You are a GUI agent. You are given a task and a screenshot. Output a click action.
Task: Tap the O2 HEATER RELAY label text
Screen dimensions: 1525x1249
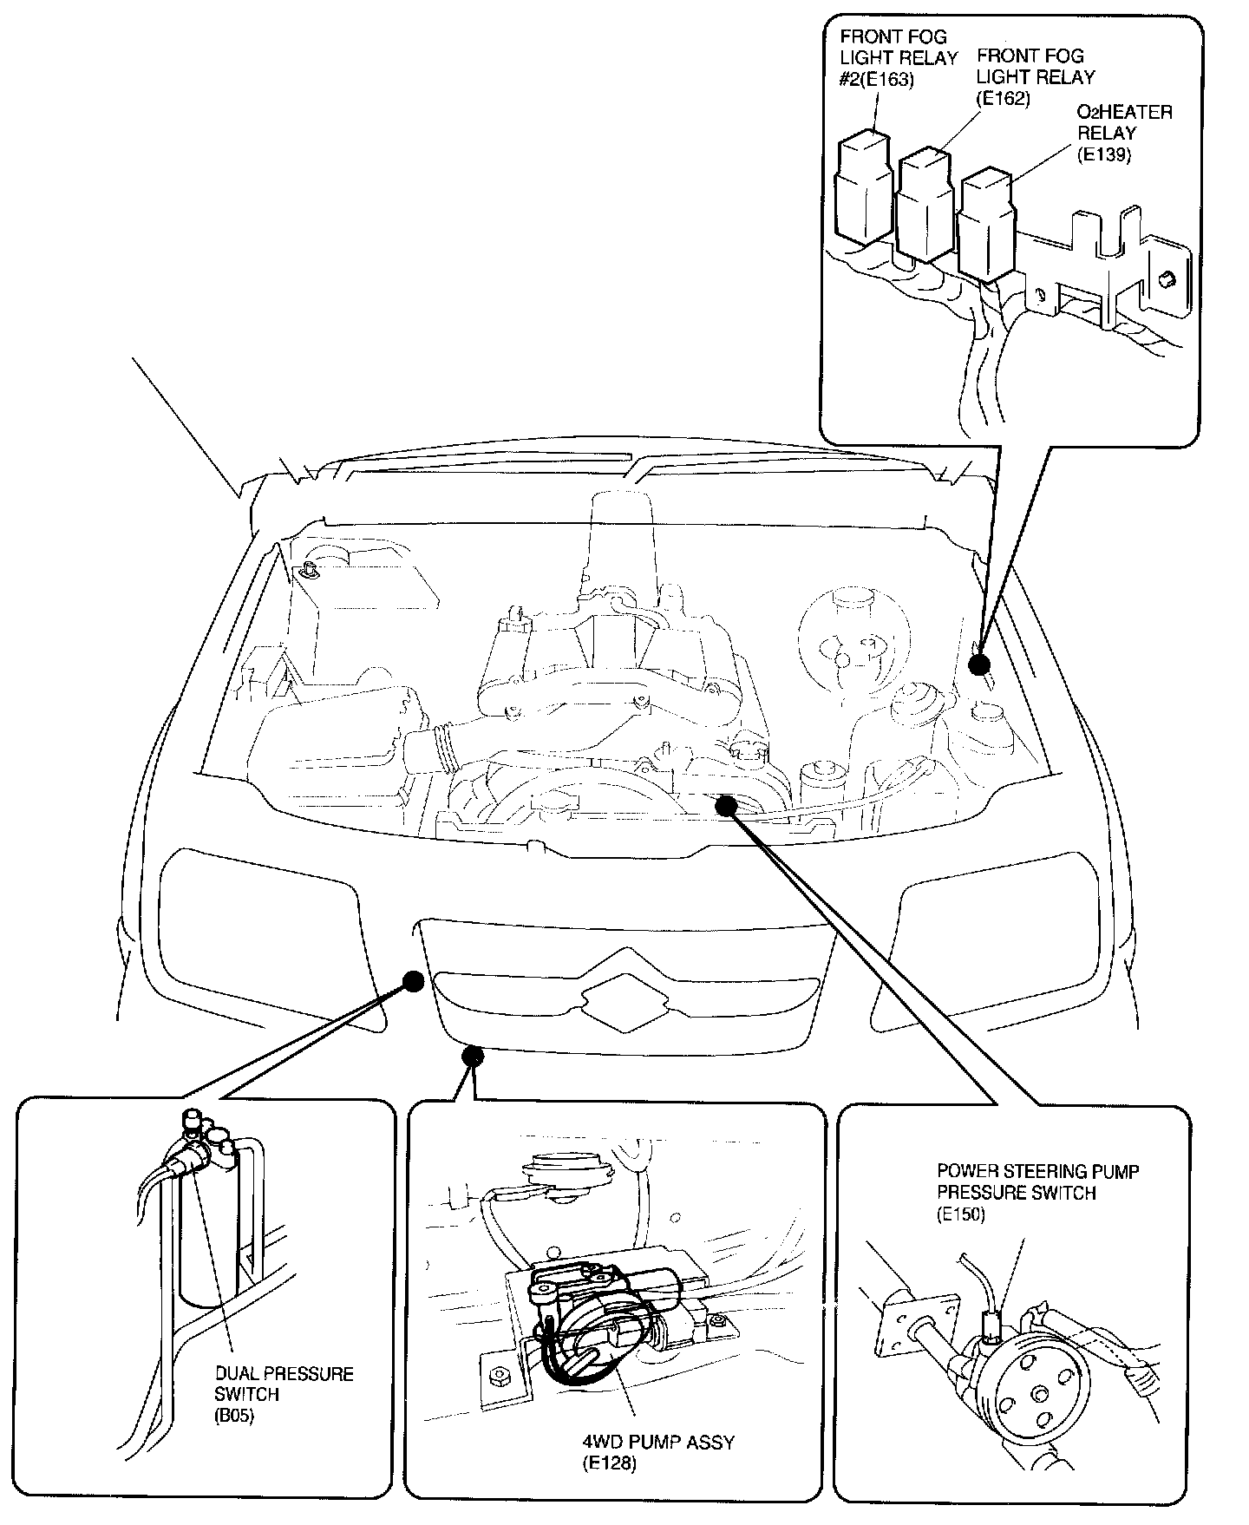pyautogui.click(x=1124, y=123)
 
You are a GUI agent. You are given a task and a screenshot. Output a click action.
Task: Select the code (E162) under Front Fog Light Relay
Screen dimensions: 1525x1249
pyautogui.click(x=1004, y=98)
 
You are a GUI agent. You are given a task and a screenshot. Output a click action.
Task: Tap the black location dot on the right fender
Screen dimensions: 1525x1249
pyautogui.click(x=979, y=665)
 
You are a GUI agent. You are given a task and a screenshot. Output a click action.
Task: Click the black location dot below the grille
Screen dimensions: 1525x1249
pyautogui.click(x=473, y=1056)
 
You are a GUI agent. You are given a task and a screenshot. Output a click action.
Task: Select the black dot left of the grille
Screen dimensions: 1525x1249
pyautogui.click(x=414, y=981)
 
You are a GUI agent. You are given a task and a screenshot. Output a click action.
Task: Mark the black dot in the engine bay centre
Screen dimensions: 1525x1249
pyautogui.click(x=726, y=806)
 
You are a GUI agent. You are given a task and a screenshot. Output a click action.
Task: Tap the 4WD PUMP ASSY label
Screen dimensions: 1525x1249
pyautogui.click(x=658, y=1442)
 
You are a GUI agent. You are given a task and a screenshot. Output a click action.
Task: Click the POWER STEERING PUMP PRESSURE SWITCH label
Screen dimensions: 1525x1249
pyautogui.click(x=1037, y=1181)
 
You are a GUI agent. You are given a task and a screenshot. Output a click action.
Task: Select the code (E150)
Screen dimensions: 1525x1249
pyautogui.click(x=961, y=1214)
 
